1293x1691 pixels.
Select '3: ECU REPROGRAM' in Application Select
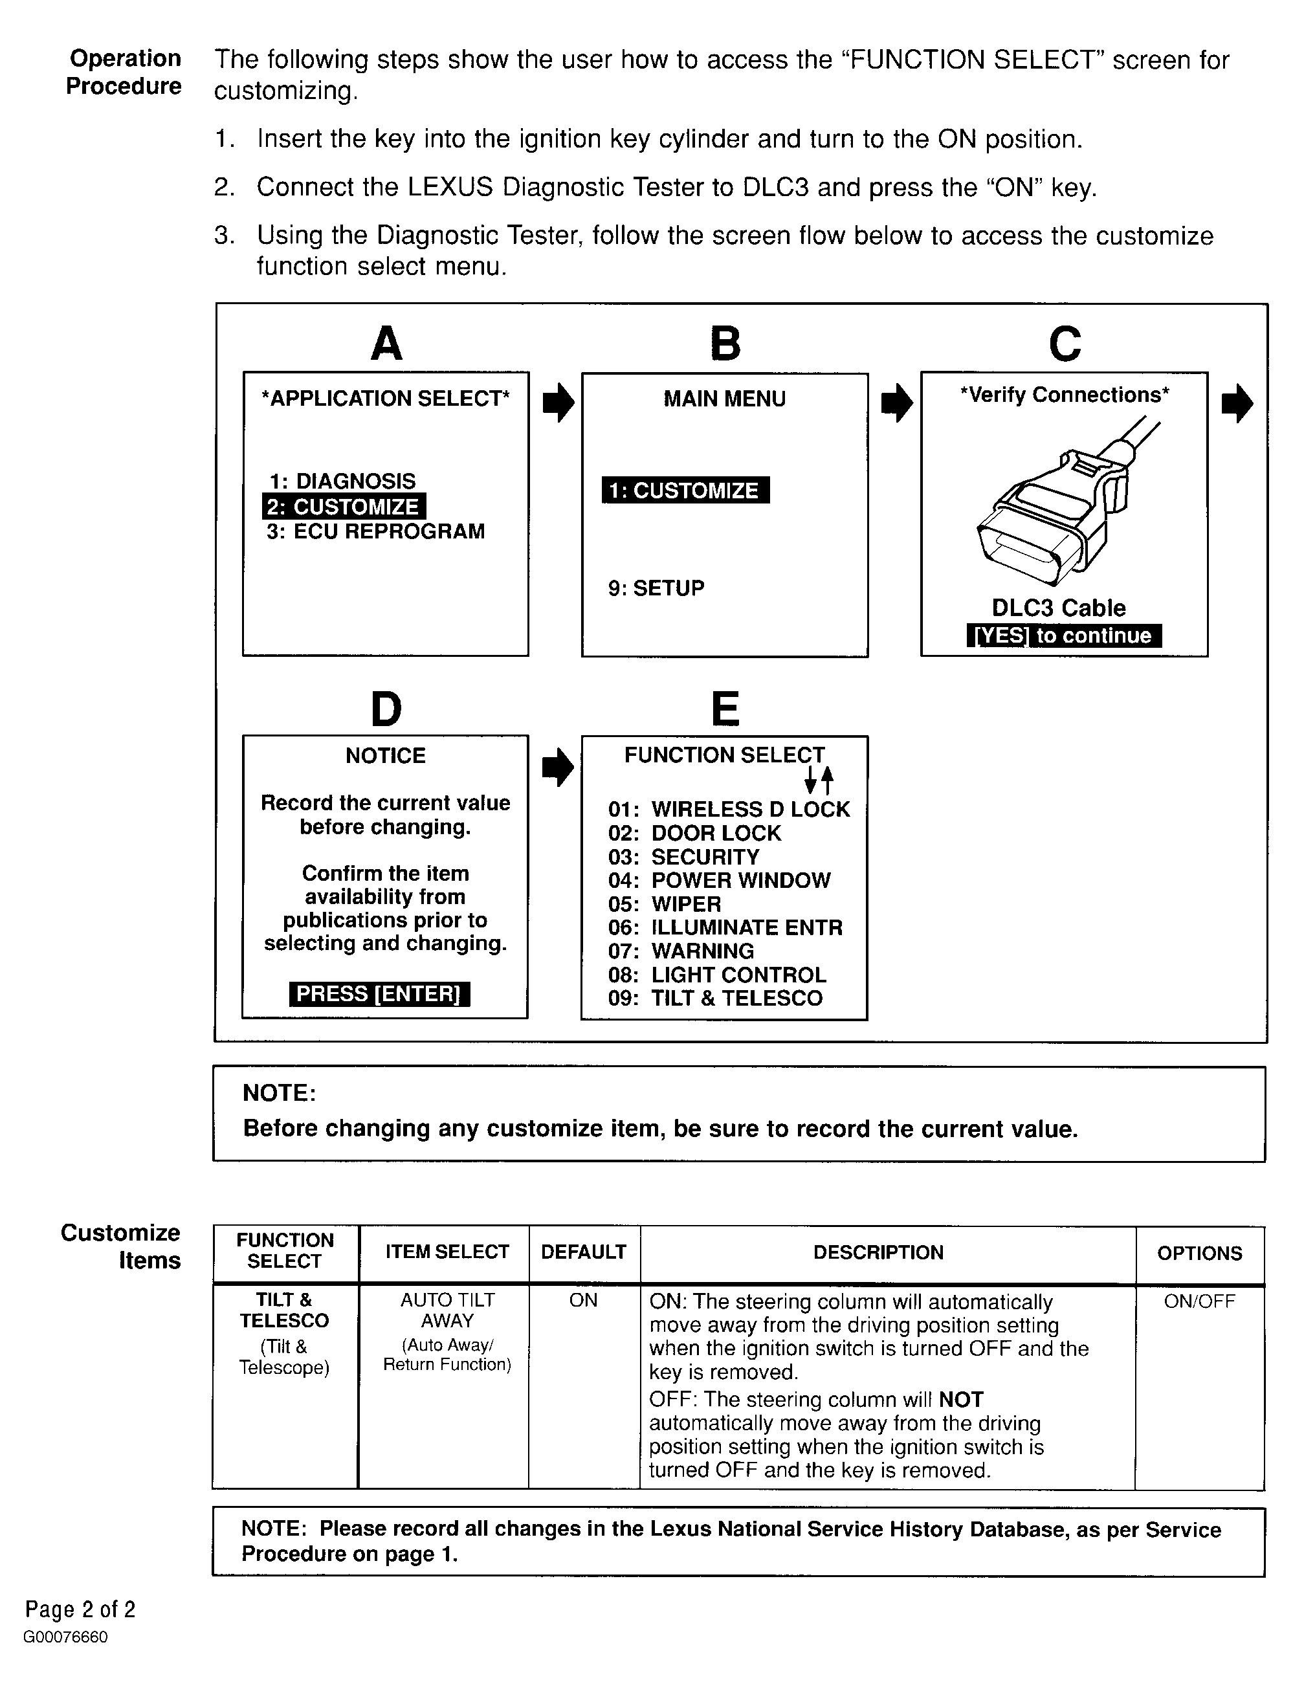click(x=375, y=532)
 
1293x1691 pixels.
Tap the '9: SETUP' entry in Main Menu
click(x=656, y=588)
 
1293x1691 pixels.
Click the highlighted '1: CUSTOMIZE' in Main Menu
click(x=685, y=491)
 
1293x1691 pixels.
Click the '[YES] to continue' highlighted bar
click(x=1064, y=636)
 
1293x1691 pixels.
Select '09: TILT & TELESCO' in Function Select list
click(x=715, y=999)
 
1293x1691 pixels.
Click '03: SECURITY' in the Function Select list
click(x=683, y=857)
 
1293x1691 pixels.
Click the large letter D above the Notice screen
click(x=386, y=709)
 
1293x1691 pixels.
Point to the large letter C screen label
click(x=1065, y=343)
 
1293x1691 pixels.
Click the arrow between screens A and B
click(x=558, y=403)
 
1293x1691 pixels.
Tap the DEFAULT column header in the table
click(x=583, y=1252)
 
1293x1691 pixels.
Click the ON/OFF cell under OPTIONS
click(x=1199, y=1301)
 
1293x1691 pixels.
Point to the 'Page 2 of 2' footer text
click(x=80, y=1609)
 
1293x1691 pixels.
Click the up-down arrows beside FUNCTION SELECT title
click(x=818, y=780)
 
